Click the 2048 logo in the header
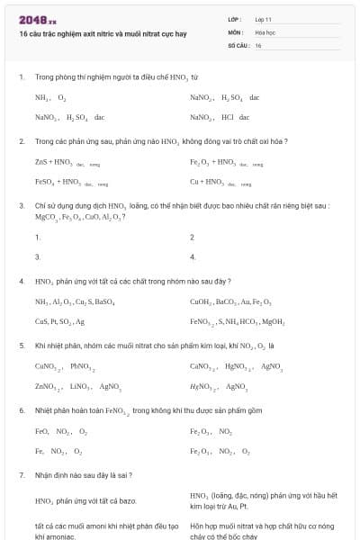pos(37,20)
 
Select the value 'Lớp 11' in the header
pos(262,19)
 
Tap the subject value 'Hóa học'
pos(265,31)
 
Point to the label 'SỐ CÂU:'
pos(239,44)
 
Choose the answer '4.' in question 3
pos(193,257)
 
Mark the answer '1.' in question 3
pos(38,238)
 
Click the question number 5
pos(22,346)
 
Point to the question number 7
pos(22,473)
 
